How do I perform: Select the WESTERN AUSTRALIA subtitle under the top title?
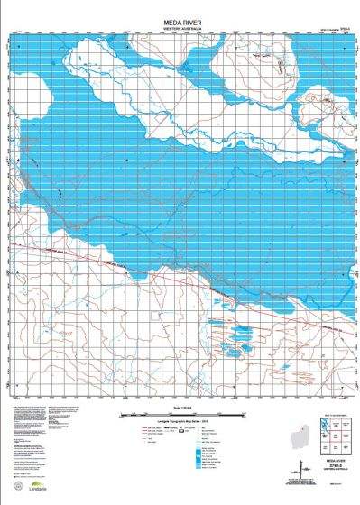click(180, 26)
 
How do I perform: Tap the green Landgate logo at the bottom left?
click(27, 473)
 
